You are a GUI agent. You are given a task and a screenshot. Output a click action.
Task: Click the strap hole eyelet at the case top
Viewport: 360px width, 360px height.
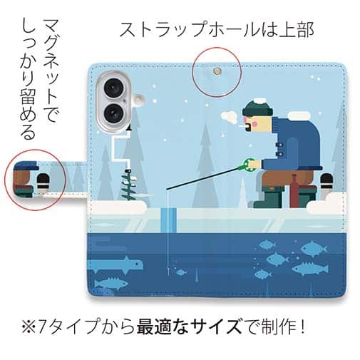(x=216, y=71)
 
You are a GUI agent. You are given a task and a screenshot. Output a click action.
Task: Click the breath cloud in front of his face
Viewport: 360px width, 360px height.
(x=230, y=115)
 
